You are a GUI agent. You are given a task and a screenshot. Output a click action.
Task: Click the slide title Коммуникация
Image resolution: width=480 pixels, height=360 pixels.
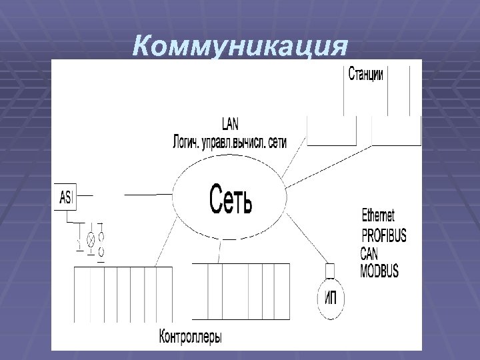(240, 47)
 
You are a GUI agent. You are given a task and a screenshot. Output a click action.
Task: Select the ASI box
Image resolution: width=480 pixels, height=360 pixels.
(66, 197)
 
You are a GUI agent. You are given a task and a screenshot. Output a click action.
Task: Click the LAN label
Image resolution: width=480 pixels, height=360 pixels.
(230, 123)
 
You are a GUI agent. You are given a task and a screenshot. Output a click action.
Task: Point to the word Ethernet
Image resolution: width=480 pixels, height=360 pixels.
(378, 215)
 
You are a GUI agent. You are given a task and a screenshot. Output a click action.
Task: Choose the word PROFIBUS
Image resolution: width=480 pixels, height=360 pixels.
(383, 235)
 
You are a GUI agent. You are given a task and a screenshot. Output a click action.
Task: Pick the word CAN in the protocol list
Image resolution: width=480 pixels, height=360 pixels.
(369, 254)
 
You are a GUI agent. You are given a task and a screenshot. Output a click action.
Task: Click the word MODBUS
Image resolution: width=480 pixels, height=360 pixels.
(379, 270)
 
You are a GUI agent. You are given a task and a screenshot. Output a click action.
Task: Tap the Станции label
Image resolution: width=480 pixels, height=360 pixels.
(365, 74)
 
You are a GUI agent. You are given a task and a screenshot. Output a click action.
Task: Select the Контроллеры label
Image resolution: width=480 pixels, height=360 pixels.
(191, 336)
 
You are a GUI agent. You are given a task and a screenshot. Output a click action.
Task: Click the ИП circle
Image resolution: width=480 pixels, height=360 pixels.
(330, 298)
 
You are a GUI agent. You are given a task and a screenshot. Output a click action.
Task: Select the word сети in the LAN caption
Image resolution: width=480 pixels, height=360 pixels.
(275, 141)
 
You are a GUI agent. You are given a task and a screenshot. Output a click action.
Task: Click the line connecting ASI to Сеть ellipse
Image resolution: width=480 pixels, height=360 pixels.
(148, 195)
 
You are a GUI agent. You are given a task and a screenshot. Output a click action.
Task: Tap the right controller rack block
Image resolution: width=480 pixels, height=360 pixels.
(241, 292)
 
